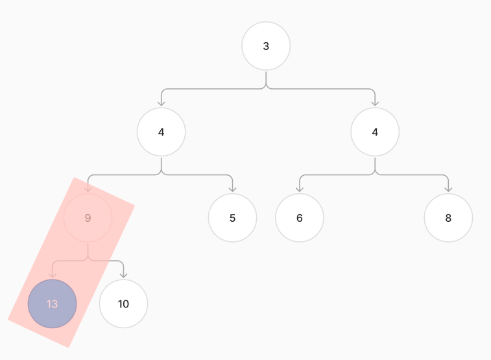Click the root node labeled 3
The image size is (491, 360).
click(x=266, y=46)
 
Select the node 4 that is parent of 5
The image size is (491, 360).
click(x=162, y=132)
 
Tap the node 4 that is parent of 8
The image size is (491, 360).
click(x=375, y=132)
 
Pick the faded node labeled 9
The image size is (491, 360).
click(x=88, y=217)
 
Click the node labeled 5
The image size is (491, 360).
click(x=232, y=217)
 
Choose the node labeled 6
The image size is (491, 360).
click(x=300, y=217)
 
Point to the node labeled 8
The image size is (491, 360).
click(x=448, y=217)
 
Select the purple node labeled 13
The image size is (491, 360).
click(x=53, y=304)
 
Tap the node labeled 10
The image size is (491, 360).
click(x=123, y=304)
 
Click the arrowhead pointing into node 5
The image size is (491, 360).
click(x=232, y=189)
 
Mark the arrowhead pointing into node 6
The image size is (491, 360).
click(x=300, y=189)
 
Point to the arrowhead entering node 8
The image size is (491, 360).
click(x=448, y=189)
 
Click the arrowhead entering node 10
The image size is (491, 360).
click(x=123, y=275)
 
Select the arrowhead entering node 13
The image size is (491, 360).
click(x=53, y=275)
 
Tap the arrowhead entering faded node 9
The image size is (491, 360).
click(x=88, y=189)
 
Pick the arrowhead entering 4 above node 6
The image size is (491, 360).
click(x=375, y=103)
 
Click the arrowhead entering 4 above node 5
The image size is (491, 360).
click(x=162, y=103)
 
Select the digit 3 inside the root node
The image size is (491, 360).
click(x=266, y=46)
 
